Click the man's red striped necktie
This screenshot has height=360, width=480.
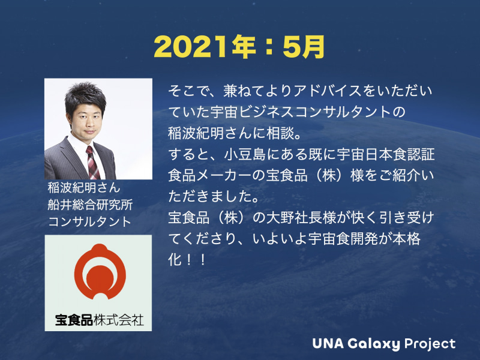(91, 160)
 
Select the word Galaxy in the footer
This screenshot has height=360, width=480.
(376, 344)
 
